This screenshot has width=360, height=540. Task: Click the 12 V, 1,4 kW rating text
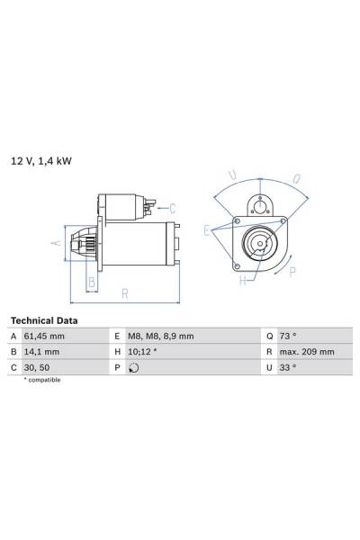pyautogui.click(x=41, y=161)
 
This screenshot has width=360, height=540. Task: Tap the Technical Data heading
pyautogui.click(x=44, y=320)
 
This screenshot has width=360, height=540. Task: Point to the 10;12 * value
pyautogui.click(x=142, y=352)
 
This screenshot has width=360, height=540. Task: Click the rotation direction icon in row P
pyautogui.click(x=134, y=368)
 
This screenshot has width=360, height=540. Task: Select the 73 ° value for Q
pyautogui.click(x=288, y=336)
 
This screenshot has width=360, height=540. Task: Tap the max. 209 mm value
pyautogui.click(x=307, y=352)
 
